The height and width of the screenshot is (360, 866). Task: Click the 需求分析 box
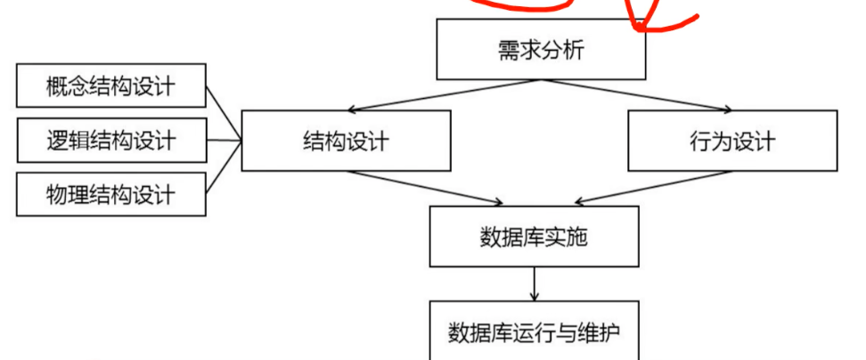click(540, 49)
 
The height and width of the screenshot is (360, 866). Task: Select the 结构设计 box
click(346, 141)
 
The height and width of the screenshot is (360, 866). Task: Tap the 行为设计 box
click(732, 141)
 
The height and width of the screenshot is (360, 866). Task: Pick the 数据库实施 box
click(534, 237)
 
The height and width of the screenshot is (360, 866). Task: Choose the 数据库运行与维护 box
click(534, 332)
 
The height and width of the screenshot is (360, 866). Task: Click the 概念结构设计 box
click(110, 86)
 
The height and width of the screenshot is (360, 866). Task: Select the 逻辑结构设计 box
click(110, 139)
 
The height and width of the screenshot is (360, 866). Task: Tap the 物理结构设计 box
click(110, 192)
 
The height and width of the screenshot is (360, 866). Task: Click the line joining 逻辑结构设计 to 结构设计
click(224, 139)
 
